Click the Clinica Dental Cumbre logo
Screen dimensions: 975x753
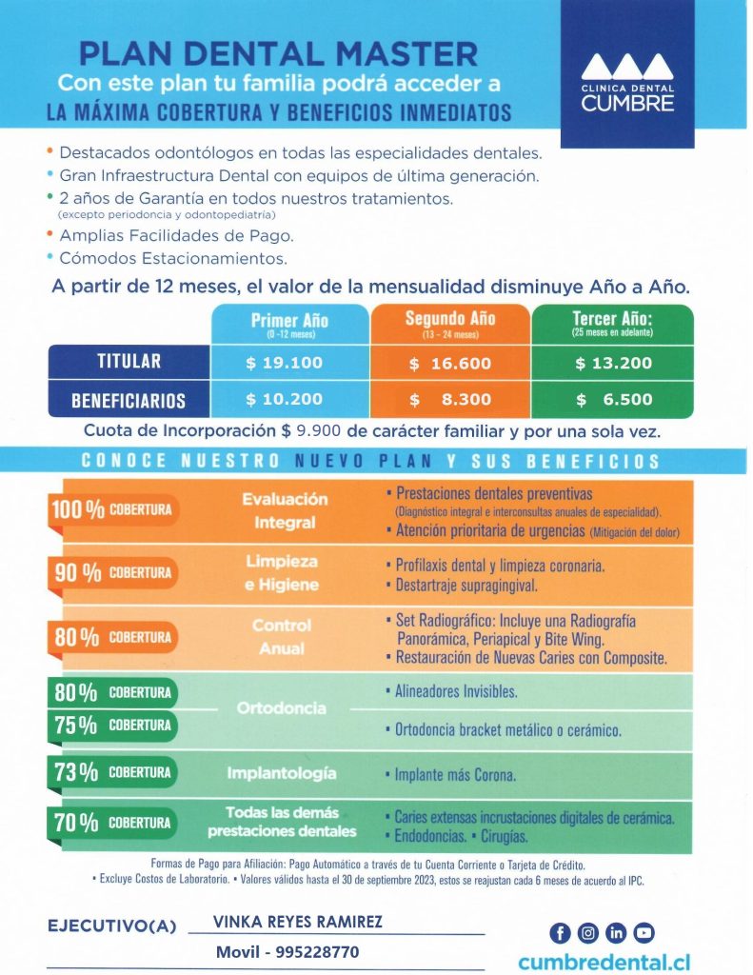pos(627,82)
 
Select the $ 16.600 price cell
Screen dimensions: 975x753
pos(449,363)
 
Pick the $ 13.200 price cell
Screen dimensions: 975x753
pos(614,363)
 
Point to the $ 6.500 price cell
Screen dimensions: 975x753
pos(614,400)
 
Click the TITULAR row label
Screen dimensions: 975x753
pos(129,362)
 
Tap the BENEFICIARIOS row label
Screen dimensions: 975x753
pos(129,401)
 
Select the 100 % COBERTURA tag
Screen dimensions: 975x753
pos(112,509)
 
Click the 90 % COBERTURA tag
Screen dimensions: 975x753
pos(112,572)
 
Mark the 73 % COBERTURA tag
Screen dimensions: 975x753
pos(112,772)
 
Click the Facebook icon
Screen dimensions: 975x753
pos(560,932)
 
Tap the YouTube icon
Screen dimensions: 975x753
pos(644,932)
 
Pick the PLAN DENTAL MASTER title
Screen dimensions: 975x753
pos(278,52)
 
